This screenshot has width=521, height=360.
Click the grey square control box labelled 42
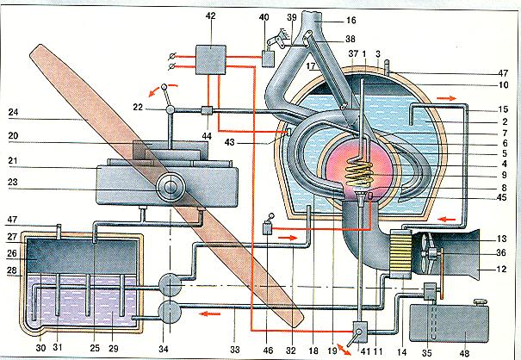click(x=211, y=59)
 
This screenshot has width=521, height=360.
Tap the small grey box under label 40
click(x=268, y=58)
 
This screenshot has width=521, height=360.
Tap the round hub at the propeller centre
click(x=171, y=188)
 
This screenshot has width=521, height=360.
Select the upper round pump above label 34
click(x=170, y=284)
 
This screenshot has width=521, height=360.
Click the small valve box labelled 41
click(x=360, y=332)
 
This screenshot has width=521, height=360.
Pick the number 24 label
click(x=13, y=112)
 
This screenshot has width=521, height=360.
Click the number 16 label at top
click(x=350, y=21)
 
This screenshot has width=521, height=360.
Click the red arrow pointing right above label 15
click(x=447, y=98)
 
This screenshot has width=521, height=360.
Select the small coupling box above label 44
click(x=208, y=110)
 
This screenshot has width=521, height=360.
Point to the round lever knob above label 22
click(x=164, y=87)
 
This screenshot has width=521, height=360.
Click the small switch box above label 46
click(x=268, y=228)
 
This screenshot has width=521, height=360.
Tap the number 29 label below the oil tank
click(x=114, y=349)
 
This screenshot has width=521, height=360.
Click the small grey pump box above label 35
click(x=431, y=290)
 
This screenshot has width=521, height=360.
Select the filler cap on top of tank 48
click(x=480, y=302)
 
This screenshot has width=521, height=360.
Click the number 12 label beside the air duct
click(x=502, y=269)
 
